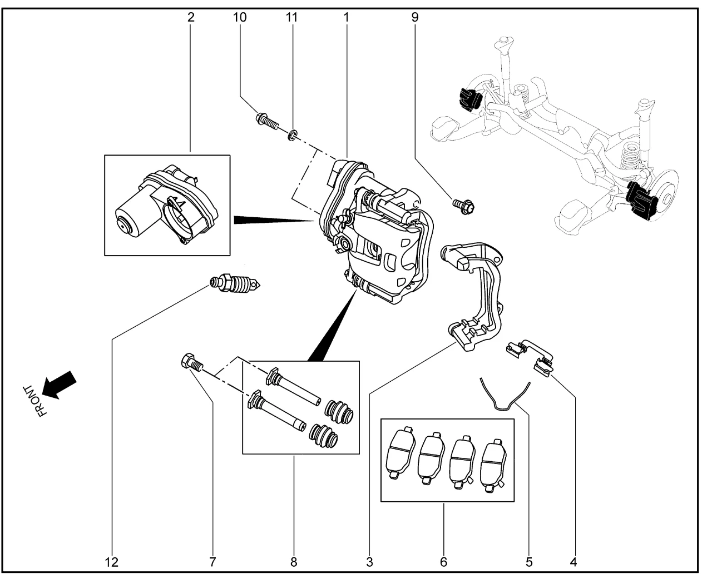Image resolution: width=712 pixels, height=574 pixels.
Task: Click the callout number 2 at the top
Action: (x=191, y=17)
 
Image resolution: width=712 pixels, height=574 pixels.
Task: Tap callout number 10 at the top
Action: (x=239, y=17)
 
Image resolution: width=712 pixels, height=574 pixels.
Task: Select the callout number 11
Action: (x=291, y=17)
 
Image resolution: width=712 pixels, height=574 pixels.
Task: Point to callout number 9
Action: (x=415, y=17)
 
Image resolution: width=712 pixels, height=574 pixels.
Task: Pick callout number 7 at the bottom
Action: (x=212, y=562)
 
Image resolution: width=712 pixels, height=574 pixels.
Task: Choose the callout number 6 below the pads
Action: (x=443, y=562)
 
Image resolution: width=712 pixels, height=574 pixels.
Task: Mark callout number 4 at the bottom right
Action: (x=573, y=562)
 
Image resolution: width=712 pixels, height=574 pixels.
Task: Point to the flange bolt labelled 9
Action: (x=465, y=207)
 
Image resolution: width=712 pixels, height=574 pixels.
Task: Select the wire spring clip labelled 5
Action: (x=504, y=396)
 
